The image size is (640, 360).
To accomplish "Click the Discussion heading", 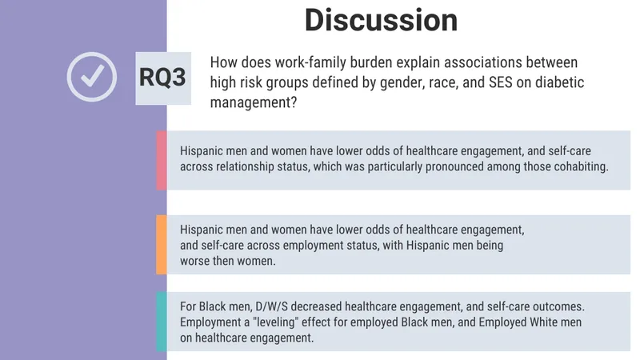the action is (x=382, y=20).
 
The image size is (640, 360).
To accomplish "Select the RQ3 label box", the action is (x=163, y=78).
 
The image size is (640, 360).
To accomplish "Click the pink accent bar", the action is (x=162, y=161).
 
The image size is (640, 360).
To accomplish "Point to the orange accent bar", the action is (x=162, y=245).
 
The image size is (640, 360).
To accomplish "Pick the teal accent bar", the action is (x=162, y=322).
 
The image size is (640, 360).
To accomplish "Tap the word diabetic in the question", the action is (x=559, y=82).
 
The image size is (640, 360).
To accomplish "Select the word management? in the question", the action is (x=253, y=102).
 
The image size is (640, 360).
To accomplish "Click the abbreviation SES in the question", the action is (x=501, y=82).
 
